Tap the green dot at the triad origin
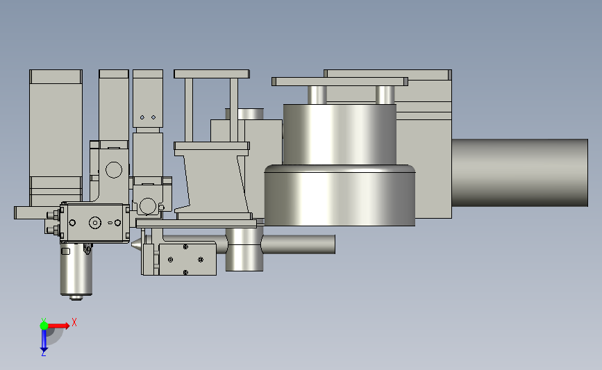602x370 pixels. click(x=44, y=326)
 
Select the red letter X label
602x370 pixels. click(x=74, y=322)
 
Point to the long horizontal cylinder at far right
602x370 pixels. click(x=520, y=173)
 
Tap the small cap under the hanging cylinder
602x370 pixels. click(x=76, y=298)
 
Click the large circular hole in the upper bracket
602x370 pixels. click(x=114, y=169)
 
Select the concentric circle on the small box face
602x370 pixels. click(x=95, y=223)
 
